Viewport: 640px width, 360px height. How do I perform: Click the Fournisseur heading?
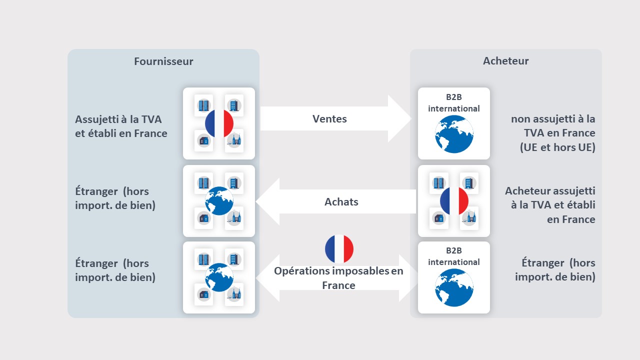[x=163, y=61]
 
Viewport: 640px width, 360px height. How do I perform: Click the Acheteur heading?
[x=505, y=61]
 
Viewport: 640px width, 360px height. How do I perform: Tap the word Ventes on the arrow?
[x=329, y=119]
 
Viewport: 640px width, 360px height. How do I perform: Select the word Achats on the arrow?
[x=341, y=202]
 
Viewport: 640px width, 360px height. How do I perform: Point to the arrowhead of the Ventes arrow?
[x=399, y=119]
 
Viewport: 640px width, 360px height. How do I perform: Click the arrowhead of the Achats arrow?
[x=268, y=201]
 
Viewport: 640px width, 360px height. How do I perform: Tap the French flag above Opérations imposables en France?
[x=339, y=249]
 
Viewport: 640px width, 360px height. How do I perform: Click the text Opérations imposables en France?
[x=338, y=278]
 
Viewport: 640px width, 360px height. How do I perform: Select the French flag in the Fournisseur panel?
[x=219, y=123]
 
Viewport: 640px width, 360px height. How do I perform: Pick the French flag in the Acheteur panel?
[x=454, y=201]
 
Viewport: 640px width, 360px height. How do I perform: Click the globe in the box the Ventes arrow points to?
[x=454, y=134]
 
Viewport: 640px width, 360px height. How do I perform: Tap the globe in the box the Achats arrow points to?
[x=219, y=200]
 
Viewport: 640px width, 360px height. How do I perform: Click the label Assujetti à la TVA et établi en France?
[x=121, y=126]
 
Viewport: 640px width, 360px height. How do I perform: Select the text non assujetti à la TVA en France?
[x=553, y=126]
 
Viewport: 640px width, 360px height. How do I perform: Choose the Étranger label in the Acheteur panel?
[x=555, y=270]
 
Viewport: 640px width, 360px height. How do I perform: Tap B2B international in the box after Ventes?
[x=454, y=103]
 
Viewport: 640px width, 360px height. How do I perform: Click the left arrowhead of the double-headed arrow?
[x=268, y=278]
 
